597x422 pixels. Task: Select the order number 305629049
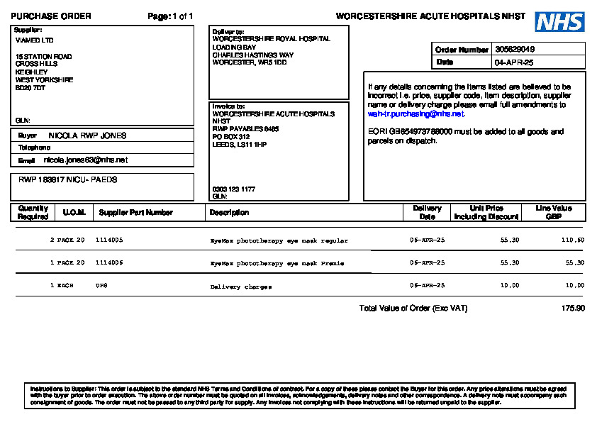[515, 50]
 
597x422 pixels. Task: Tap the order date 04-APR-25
[513, 62]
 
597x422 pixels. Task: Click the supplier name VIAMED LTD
[34, 40]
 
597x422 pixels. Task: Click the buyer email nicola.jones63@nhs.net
[86, 160]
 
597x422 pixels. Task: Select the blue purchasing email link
[415, 113]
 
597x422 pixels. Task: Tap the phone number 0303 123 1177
[234, 189]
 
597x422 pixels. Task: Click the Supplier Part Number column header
[135, 212]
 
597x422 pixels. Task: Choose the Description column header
[229, 212]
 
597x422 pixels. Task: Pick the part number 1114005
[109, 240]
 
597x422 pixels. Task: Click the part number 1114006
[109, 263]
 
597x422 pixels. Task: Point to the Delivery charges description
[241, 287]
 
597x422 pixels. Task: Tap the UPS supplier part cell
[101, 285]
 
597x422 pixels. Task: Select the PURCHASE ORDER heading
[50, 16]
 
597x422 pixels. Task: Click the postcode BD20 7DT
[30, 88]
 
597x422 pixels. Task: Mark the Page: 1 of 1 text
[170, 16]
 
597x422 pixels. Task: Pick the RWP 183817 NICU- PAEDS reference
[68, 180]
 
